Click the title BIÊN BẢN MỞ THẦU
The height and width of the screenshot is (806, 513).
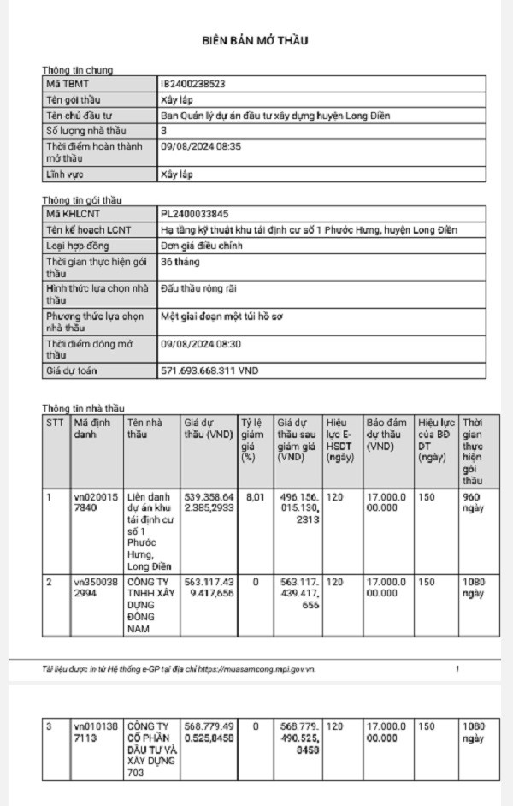[255, 40]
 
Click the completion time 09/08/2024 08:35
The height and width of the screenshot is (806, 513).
[201, 147]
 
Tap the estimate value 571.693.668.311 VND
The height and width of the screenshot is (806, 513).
[209, 371]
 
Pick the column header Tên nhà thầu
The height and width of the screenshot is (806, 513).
[144, 429]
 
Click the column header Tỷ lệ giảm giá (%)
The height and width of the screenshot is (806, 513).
[253, 440]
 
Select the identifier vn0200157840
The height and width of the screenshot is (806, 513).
[93, 501]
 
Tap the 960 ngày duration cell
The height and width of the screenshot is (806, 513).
[473, 501]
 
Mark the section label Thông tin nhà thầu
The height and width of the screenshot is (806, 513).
[83, 408]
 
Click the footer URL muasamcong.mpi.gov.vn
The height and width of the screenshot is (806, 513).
[273, 668]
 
